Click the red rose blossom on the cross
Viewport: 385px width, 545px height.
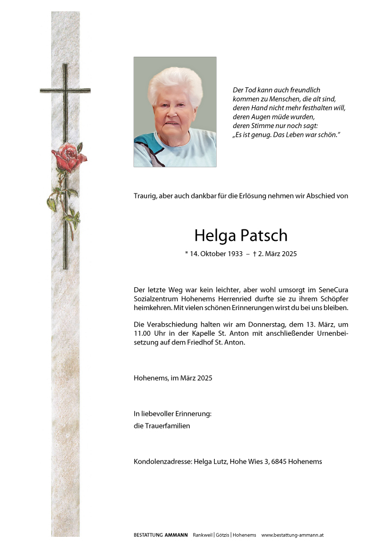pos(69,158)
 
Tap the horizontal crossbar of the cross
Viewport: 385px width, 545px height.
pos(65,90)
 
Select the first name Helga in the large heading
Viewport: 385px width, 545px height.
pos(213,235)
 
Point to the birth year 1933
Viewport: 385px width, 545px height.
pos(228,254)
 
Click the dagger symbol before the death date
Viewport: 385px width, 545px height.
pos(254,254)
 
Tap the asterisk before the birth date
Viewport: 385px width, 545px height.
pos(187,254)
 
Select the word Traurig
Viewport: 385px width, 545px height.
pos(145,196)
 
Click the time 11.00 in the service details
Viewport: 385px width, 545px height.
pos(143,334)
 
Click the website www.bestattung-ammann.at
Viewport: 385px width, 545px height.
pos(292,535)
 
